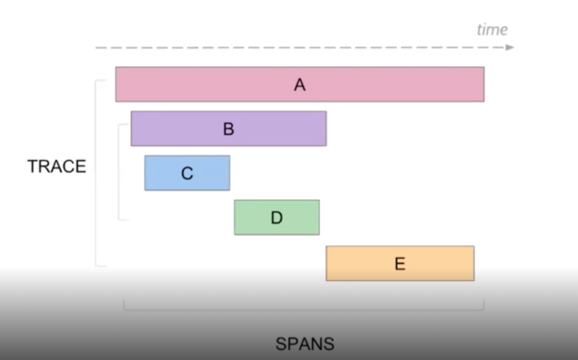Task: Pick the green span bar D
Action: (x=302, y=217)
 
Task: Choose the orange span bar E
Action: (x=437, y=264)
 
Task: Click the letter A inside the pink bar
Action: (x=299, y=84)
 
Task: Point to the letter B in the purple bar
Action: (x=228, y=129)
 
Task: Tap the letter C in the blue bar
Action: (x=187, y=174)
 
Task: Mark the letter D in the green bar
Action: (x=276, y=218)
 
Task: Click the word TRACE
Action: (x=57, y=166)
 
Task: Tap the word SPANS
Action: (x=305, y=344)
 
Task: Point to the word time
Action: (x=492, y=30)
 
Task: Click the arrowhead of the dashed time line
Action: (x=510, y=47)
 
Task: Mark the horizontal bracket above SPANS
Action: (x=303, y=309)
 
